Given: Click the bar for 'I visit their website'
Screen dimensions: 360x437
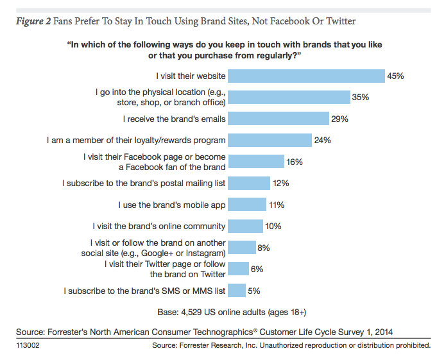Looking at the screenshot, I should [x=306, y=76].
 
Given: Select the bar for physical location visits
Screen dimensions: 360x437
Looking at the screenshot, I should [x=289, y=97].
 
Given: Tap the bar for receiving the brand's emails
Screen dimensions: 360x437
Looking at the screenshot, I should [x=279, y=119].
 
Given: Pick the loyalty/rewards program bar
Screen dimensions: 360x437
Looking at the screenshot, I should [x=270, y=140].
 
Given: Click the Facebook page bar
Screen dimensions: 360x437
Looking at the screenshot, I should [x=256, y=162].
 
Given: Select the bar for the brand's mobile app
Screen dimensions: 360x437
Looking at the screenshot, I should [x=247, y=205].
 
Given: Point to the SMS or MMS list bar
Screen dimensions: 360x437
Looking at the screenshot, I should [x=237, y=291].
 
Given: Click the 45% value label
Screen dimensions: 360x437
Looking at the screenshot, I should [x=395, y=76].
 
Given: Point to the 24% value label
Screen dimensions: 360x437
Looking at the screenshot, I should [x=321, y=140].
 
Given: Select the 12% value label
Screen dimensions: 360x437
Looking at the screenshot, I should [x=280, y=184].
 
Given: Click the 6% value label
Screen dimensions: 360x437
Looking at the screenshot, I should [x=257, y=270].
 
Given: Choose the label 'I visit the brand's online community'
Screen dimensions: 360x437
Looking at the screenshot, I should [x=159, y=226].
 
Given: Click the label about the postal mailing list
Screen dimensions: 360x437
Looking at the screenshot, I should [x=144, y=184].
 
